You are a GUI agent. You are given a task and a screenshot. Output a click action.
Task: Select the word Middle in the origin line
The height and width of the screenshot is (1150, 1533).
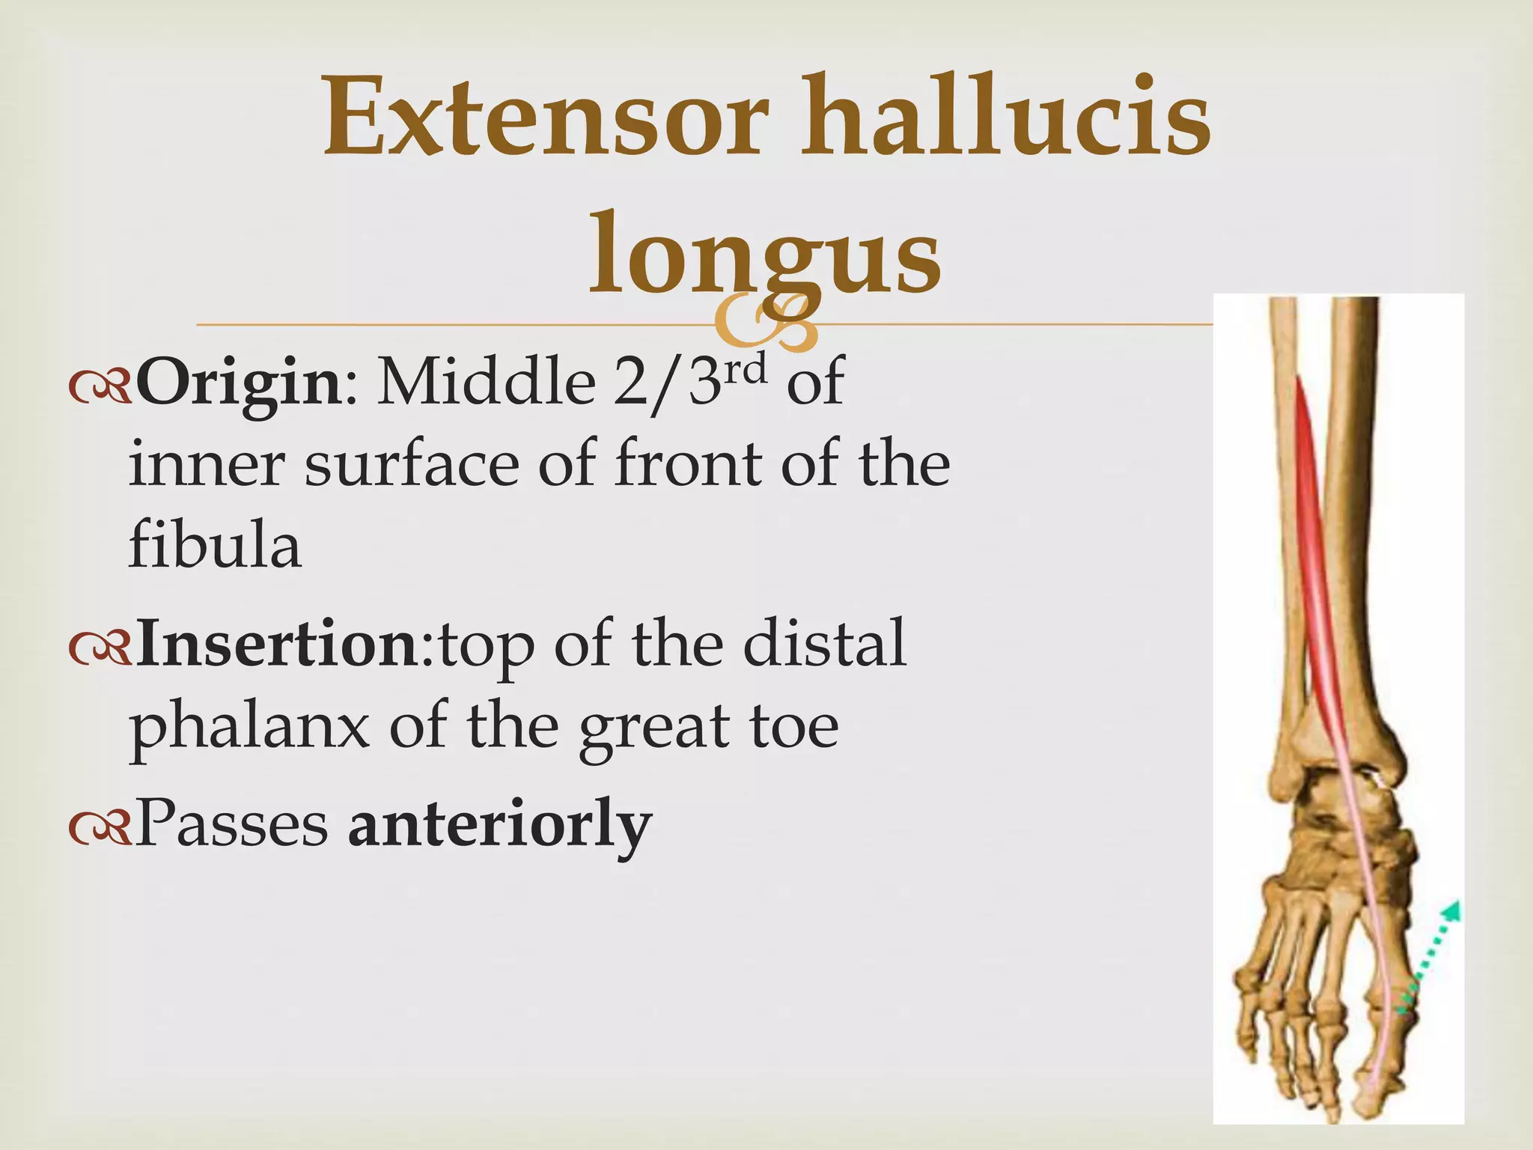click(x=486, y=383)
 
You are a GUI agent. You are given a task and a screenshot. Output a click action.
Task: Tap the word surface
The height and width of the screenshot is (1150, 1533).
click(x=412, y=464)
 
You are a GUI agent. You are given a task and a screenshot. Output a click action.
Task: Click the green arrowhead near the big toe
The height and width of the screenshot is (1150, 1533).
click(x=1451, y=910)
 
